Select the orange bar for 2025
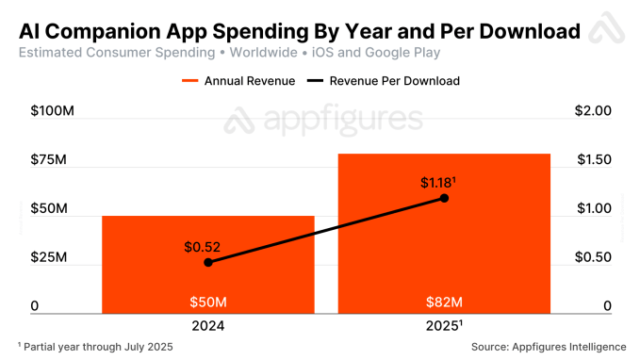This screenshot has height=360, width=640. tap(444, 245)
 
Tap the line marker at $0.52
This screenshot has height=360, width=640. tap(208, 262)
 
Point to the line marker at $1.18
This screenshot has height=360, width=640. tap(444, 198)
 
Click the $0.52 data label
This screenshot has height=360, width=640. tap(203, 247)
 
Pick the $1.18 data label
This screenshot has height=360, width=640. tap(438, 181)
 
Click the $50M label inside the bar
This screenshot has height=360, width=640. tap(208, 303)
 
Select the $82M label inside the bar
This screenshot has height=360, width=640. tap(444, 303)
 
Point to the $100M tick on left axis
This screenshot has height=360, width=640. tap(53, 111)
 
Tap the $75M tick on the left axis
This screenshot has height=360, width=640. tap(48, 159)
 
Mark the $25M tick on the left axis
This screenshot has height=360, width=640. tap(48, 257)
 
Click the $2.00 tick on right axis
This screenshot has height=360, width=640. tap(594, 111)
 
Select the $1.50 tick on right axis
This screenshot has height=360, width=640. tap(594, 159)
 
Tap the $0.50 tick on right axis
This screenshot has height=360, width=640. tap(594, 257)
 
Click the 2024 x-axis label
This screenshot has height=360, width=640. tap(208, 326)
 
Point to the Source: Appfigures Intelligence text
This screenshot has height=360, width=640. tap(542, 347)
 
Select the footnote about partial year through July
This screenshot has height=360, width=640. tap(95, 347)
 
